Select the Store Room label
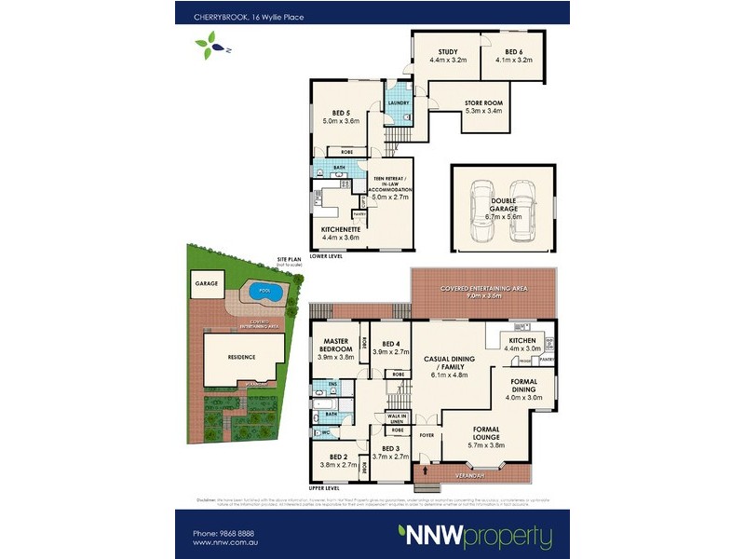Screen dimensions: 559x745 click(x=483, y=106)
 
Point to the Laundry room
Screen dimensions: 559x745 click(x=400, y=105)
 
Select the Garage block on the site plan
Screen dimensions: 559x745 click(x=206, y=282)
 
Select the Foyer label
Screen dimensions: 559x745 click(x=427, y=433)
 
